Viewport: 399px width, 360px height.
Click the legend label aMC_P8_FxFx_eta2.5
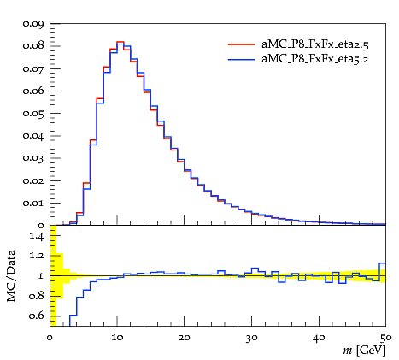pos(315,44)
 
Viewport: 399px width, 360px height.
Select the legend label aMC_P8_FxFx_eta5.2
pos(314,59)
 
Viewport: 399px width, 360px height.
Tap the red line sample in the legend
pos(241,44)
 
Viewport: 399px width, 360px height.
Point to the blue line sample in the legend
pos(241,59)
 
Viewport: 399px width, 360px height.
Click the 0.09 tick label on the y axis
pos(33,24)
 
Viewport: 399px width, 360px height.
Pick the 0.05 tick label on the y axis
pos(33,114)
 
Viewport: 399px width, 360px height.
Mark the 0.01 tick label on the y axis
pos(33,204)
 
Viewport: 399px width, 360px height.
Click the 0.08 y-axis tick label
pos(33,46)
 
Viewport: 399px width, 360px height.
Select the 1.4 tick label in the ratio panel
pos(37,236)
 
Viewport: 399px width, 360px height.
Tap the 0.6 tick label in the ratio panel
pos(37,316)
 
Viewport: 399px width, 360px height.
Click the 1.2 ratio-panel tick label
pos(37,256)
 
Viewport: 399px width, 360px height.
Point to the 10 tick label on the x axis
pos(117,338)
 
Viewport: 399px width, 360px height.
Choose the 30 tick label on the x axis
pos(251,339)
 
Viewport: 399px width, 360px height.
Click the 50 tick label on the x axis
pos(385,339)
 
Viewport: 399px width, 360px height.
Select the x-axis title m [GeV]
pos(364,351)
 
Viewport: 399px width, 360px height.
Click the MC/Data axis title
pos(11,276)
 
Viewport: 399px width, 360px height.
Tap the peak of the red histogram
pos(120,42)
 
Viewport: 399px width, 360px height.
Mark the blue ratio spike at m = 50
pos(383,263)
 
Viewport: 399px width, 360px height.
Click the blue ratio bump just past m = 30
pos(255,269)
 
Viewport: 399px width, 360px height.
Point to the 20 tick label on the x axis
pos(184,338)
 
